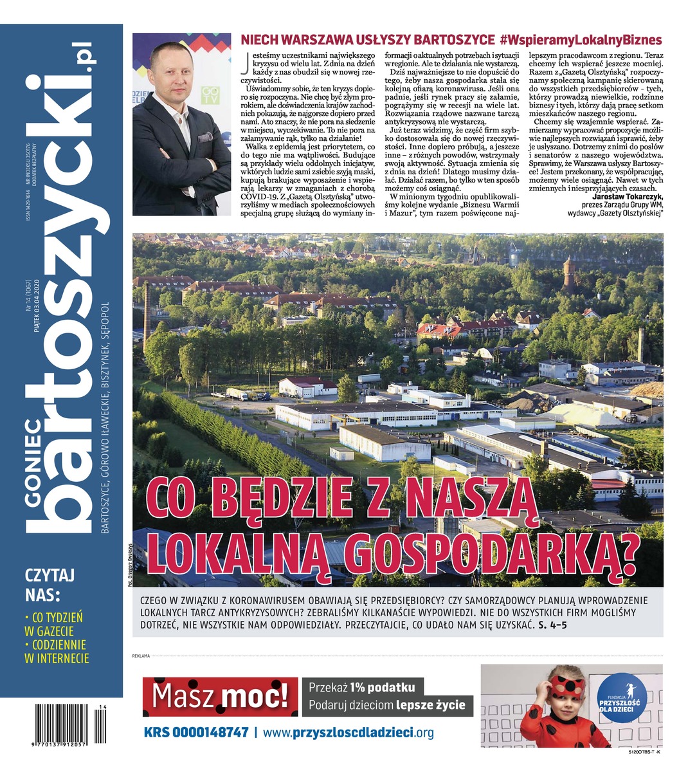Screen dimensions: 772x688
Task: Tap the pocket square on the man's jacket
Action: (x=205, y=136)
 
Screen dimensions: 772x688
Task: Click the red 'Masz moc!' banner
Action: (x=220, y=697)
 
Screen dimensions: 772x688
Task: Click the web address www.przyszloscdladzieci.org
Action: (x=349, y=732)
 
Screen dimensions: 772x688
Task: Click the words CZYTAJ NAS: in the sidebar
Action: (x=50, y=583)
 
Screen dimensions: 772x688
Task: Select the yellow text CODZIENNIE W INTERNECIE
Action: (x=57, y=651)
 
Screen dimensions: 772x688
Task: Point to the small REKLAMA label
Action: (x=140, y=656)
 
